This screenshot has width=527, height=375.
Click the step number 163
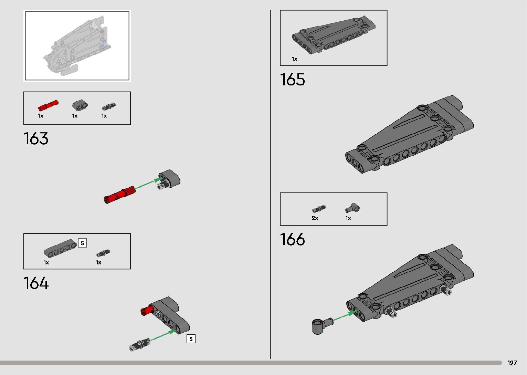[x=36, y=138]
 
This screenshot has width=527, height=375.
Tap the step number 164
[x=36, y=283]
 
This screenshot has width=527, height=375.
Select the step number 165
[x=292, y=80]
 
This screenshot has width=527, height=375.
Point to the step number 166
[x=292, y=239]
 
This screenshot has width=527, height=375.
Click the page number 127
[x=512, y=363]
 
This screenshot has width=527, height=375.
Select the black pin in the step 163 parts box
[x=109, y=106]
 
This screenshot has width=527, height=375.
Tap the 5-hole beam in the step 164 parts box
[x=60, y=248]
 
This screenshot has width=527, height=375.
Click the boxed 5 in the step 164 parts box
[x=82, y=243]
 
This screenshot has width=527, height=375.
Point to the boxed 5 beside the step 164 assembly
[x=191, y=339]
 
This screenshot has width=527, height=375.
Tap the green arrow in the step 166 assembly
[x=345, y=316]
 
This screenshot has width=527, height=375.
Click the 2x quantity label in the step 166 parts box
[x=315, y=218]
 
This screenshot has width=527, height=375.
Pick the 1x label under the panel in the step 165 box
[x=294, y=59]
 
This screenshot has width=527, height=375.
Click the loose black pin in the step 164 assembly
[x=140, y=344]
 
